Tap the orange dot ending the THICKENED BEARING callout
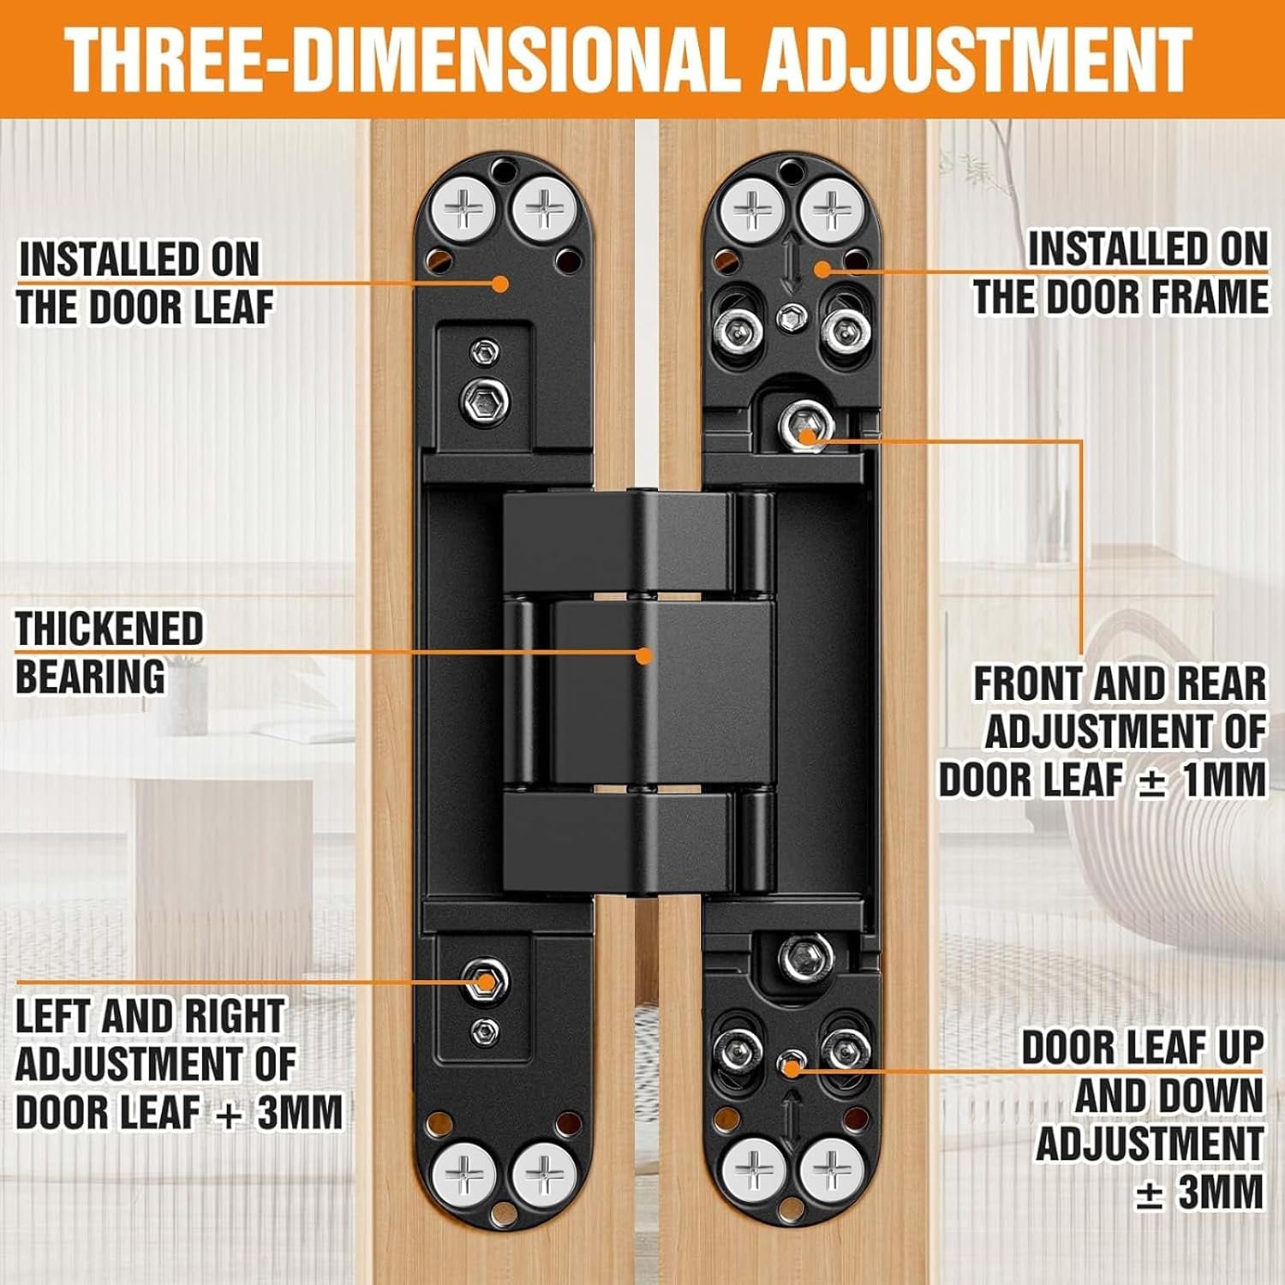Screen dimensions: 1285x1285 click(x=644, y=655)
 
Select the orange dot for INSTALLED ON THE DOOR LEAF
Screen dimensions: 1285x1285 click(x=501, y=283)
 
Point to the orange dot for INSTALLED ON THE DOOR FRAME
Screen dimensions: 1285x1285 click(x=822, y=268)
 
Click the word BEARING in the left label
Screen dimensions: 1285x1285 click(x=91, y=676)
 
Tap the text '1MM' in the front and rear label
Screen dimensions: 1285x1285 click(x=1222, y=780)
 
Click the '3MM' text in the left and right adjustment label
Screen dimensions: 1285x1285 click(x=300, y=1112)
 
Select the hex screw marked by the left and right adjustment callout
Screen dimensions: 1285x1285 click(x=485, y=981)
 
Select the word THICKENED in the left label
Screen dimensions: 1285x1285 click(x=110, y=629)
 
